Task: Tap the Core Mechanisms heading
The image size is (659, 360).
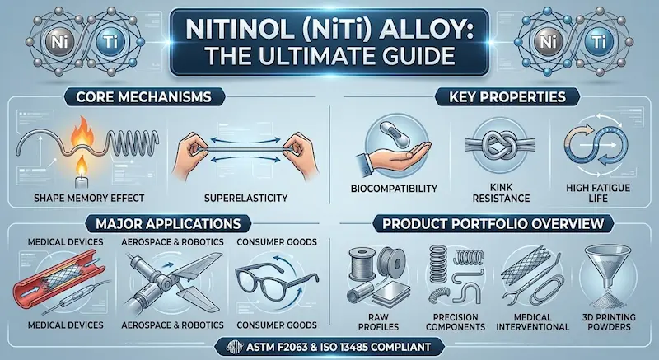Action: coord(143,97)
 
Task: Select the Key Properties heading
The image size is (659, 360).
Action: coord(507,97)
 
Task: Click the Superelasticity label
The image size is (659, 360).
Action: coord(245,197)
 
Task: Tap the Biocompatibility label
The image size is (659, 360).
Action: coord(394,189)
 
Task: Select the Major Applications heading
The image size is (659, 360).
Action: coord(168,223)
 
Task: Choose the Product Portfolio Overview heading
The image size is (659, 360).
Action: coord(493,223)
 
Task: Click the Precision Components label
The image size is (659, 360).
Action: coord(456,322)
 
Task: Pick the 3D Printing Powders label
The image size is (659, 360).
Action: coord(606,322)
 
